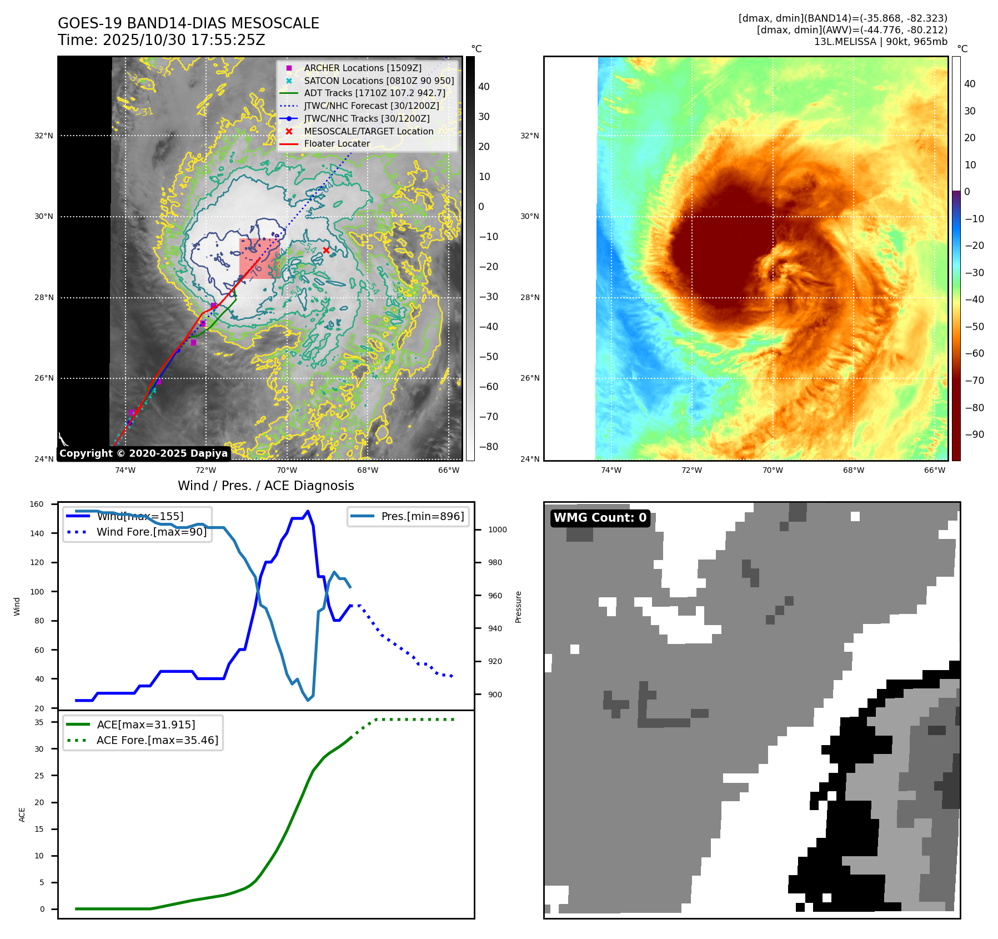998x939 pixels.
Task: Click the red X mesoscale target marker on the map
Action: (326, 250)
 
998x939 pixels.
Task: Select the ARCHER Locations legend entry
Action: (362, 68)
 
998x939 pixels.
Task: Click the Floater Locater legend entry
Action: (337, 143)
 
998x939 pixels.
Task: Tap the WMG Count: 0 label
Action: (600, 518)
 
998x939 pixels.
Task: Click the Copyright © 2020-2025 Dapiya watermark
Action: (143, 453)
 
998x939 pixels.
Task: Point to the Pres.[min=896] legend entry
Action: (422, 516)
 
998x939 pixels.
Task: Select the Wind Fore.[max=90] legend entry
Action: (151, 532)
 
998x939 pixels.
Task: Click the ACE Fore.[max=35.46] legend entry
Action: (157, 740)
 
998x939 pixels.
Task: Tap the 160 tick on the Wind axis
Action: (37, 505)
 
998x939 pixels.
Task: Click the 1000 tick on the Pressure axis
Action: (497, 530)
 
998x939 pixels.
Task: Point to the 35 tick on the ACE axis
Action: (39, 722)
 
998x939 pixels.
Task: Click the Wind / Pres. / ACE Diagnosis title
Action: (265, 486)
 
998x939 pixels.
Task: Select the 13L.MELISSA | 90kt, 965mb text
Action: (880, 42)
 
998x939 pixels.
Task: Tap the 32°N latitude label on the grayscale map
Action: (44, 136)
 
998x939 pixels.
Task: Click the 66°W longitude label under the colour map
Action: (934, 470)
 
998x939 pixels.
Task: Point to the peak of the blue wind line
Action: (308, 511)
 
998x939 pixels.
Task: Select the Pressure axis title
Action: (518, 607)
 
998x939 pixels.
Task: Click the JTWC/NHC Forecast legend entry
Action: (371, 106)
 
